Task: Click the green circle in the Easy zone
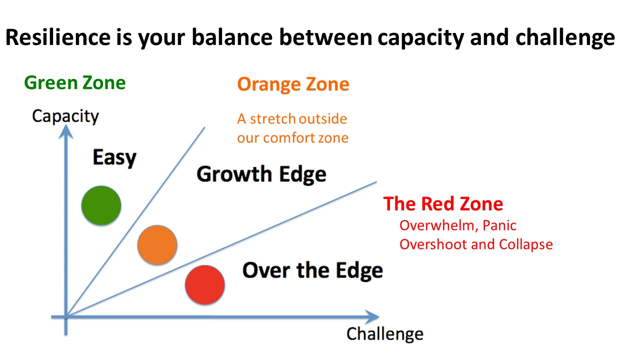point(101,205)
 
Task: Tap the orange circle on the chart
point(157,244)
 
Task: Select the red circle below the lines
point(204,285)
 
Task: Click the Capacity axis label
point(65,116)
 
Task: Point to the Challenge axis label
point(384,333)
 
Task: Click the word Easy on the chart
point(114,157)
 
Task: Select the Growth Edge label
point(261,174)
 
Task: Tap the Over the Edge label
point(312,270)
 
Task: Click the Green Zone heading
point(75,82)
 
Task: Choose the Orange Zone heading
point(293,84)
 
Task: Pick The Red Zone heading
point(443,204)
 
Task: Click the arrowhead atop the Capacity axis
point(65,130)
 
